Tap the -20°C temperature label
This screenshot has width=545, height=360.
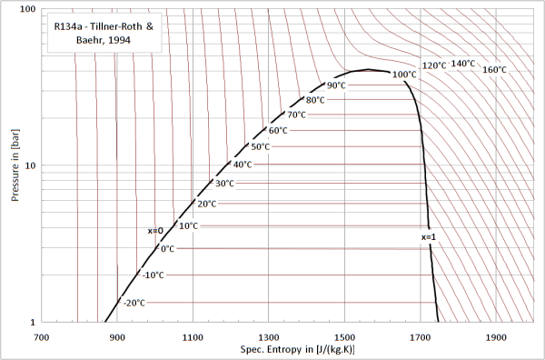(134, 303)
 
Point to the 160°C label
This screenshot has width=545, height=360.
(495, 70)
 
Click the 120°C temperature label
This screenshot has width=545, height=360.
(434, 65)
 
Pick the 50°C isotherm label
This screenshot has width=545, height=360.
(261, 146)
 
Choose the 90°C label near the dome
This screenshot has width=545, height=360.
(337, 85)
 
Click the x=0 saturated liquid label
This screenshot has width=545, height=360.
(155, 230)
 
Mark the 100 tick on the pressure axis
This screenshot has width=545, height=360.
(27, 9)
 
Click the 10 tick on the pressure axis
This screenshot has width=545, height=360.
(29, 165)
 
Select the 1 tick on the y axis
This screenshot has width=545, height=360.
(32, 322)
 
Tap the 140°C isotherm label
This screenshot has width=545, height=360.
(463, 64)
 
